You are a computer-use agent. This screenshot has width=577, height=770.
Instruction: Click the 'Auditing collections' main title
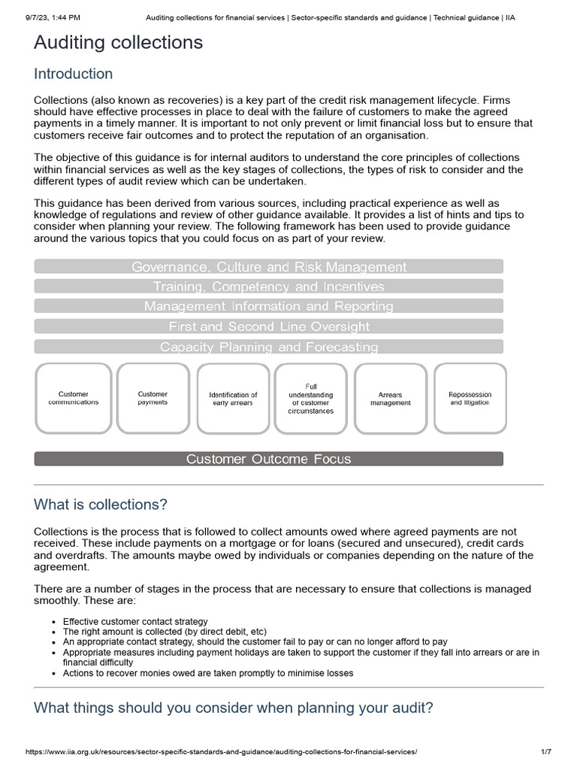[x=118, y=43]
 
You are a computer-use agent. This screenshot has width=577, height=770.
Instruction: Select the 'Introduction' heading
[x=73, y=74]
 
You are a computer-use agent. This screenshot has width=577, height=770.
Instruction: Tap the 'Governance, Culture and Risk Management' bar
[x=269, y=266]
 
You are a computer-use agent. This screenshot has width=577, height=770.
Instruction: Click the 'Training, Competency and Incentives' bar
[x=269, y=286]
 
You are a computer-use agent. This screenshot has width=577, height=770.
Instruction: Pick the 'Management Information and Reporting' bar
[x=269, y=306]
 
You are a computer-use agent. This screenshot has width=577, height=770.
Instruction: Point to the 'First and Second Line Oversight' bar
[x=269, y=326]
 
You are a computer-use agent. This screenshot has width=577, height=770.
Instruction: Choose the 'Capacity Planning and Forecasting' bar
[x=269, y=347]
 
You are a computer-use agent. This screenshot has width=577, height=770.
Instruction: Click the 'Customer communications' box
[x=73, y=399]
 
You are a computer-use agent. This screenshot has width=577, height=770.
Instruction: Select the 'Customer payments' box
[x=153, y=399]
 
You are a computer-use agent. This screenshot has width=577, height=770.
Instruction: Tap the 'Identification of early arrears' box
[x=233, y=399]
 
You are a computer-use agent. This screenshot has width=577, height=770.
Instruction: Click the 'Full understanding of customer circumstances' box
[x=312, y=399]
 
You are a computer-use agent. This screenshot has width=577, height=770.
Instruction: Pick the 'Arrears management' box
[x=391, y=399]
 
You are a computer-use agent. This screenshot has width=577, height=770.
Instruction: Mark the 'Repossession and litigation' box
[x=470, y=399]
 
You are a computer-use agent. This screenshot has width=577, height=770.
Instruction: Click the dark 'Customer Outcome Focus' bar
[x=269, y=459]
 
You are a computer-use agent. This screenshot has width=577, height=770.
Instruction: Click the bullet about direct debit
[x=165, y=632]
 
